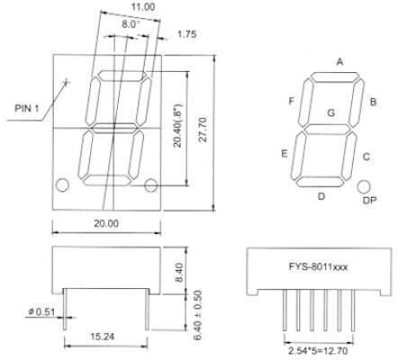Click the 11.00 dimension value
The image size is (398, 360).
[143, 7]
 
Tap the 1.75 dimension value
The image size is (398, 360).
[186, 34]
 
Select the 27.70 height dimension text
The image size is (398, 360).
[203, 130]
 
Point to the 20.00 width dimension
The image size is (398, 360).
[106, 223]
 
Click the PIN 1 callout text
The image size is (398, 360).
[27, 108]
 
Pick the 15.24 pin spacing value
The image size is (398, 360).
[103, 337]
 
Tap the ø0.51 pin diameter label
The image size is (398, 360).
[42, 312]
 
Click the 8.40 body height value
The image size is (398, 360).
[178, 272]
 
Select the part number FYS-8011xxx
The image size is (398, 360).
[318, 266]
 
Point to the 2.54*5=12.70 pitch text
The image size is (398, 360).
[318, 350]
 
